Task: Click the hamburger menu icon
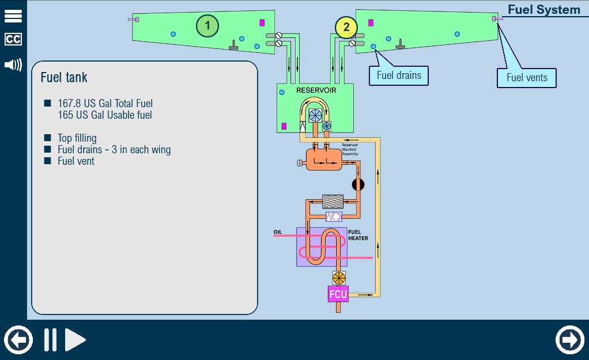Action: [x=13, y=16]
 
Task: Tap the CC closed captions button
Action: [x=13, y=39]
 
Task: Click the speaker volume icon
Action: [x=13, y=65]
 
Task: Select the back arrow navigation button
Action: [x=18, y=340]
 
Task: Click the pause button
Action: [x=50, y=340]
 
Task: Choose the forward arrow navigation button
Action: [x=570, y=340]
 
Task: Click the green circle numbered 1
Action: [x=207, y=26]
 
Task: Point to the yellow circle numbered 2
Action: [x=346, y=28]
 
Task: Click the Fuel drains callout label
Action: [x=399, y=75]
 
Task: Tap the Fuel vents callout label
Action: [x=527, y=78]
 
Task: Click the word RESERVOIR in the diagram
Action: [x=316, y=90]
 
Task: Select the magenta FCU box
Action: [x=338, y=294]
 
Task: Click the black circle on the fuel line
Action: [x=358, y=184]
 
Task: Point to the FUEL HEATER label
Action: [x=358, y=235]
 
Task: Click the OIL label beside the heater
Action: [x=278, y=232]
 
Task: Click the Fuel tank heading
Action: [x=64, y=77]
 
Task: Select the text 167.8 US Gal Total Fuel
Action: [x=105, y=103]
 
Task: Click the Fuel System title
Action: [x=544, y=9]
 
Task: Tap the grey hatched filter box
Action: [x=333, y=202]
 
